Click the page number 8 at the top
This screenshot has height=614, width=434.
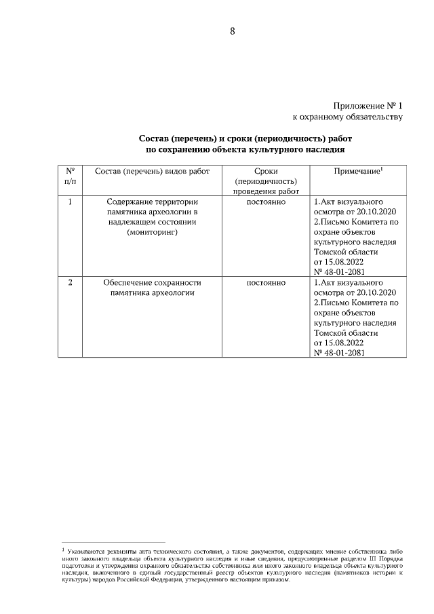[x=232, y=31]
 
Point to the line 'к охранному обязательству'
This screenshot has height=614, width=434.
[x=347, y=118]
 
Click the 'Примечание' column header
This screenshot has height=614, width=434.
[x=357, y=172]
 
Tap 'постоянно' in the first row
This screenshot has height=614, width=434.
[x=265, y=202]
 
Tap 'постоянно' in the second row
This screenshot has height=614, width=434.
[x=265, y=282]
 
